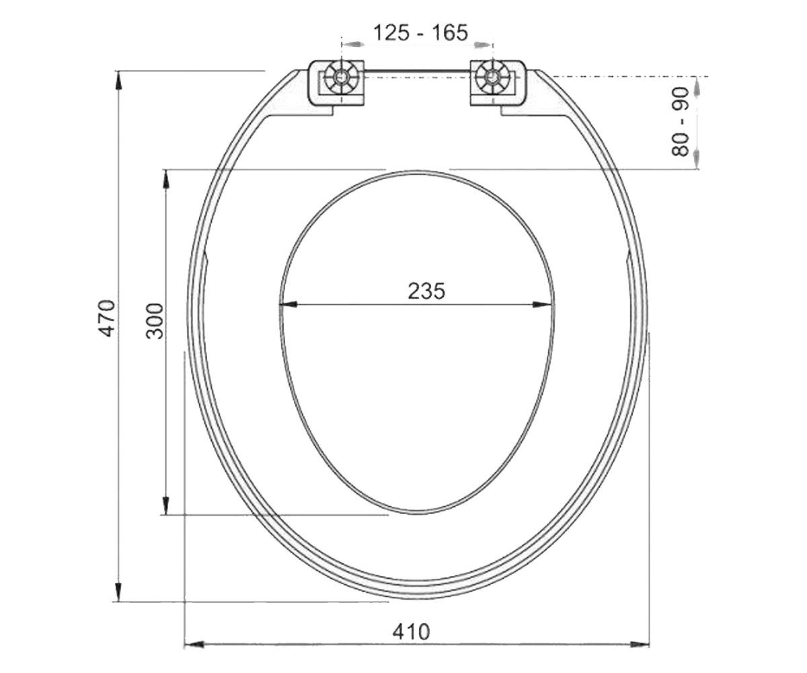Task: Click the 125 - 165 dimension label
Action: pyautogui.click(x=420, y=32)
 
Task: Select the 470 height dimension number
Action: pyautogui.click(x=107, y=318)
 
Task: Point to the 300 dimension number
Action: pyautogui.click(x=155, y=321)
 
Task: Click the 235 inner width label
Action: pyautogui.click(x=426, y=291)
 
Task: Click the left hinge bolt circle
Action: pyautogui.click(x=341, y=77)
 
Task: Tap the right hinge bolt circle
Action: pyautogui.click(x=492, y=77)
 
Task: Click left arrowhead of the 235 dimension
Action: pyautogui.click(x=288, y=304)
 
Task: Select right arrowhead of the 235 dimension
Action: pyautogui.click(x=543, y=304)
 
